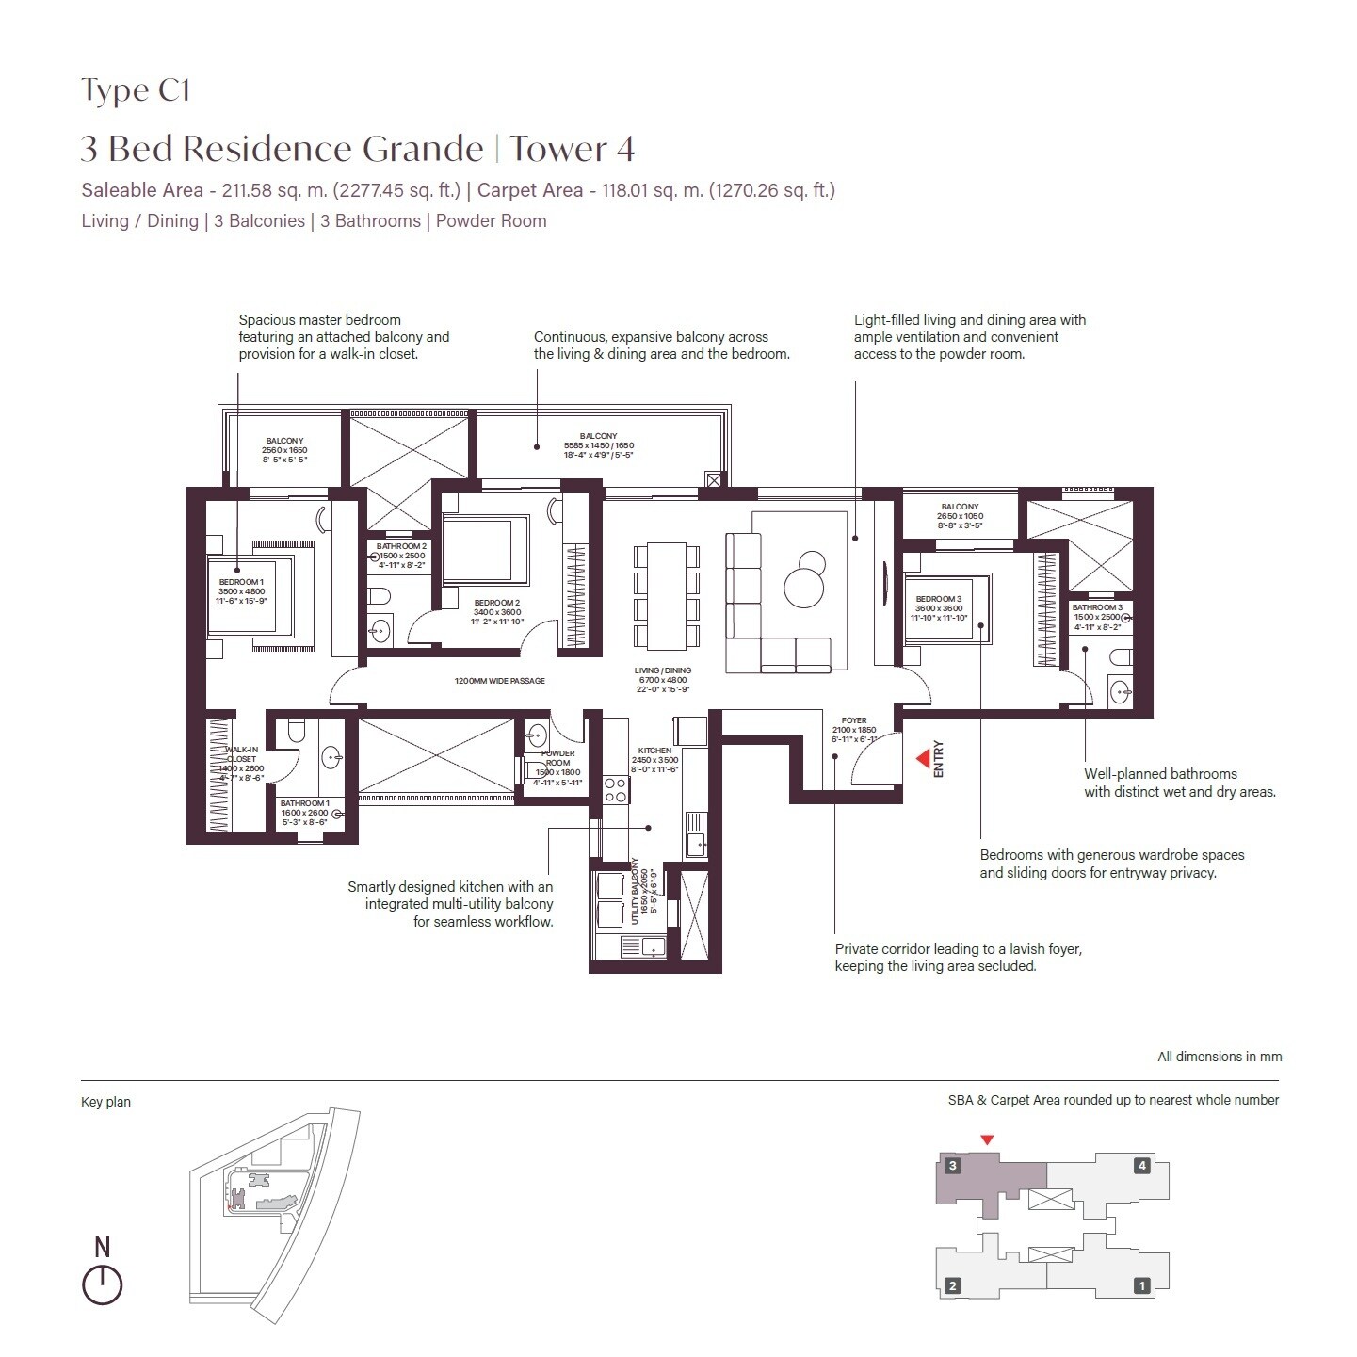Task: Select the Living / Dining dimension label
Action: point(663,680)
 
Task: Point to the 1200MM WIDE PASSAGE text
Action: point(499,681)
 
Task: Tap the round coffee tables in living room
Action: point(805,580)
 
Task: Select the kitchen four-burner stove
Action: point(616,789)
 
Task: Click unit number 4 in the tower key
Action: point(1142,1166)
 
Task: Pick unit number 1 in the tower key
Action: point(1142,1285)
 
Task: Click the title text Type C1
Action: point(136,90)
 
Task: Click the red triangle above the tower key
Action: point(987,1140)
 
